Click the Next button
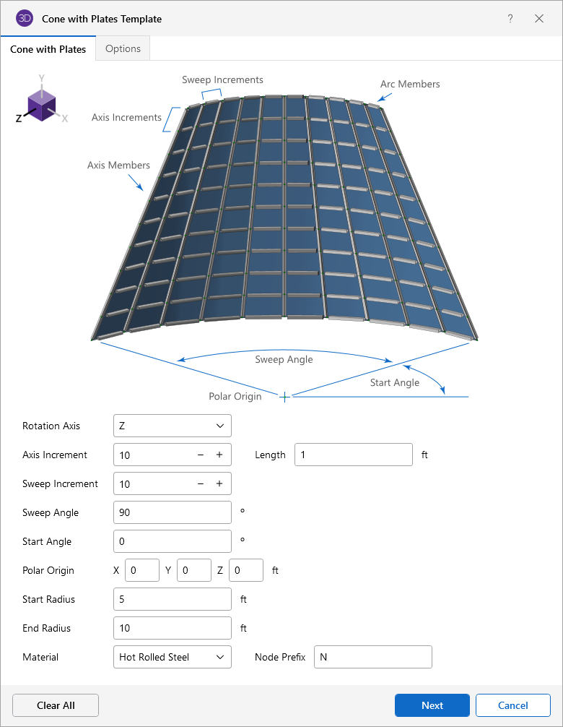[x=432, y=705]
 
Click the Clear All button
[x=56, y=705]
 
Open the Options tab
[x=123, y=49]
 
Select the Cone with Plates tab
[x=48, y=49]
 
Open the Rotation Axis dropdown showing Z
[x=173, y=426]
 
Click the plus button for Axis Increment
[x=219, y=455]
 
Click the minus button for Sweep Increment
[x=201, y=483]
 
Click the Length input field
[x=353, y=455]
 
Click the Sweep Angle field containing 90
[x=173, y=512]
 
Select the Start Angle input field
[x=173, y=541]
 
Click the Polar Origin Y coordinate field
[x=193, y=570]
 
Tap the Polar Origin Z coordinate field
[x=245, y=570]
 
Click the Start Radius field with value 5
[x=173, y=599]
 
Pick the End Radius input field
[x=173, y=628]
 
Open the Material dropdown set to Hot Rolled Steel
[x=173, y=657]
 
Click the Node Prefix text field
[x=372, y=657]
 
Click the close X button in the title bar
[x=539, y=19]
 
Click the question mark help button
[x=510, y=19]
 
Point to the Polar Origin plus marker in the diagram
[x=285, y=397]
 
